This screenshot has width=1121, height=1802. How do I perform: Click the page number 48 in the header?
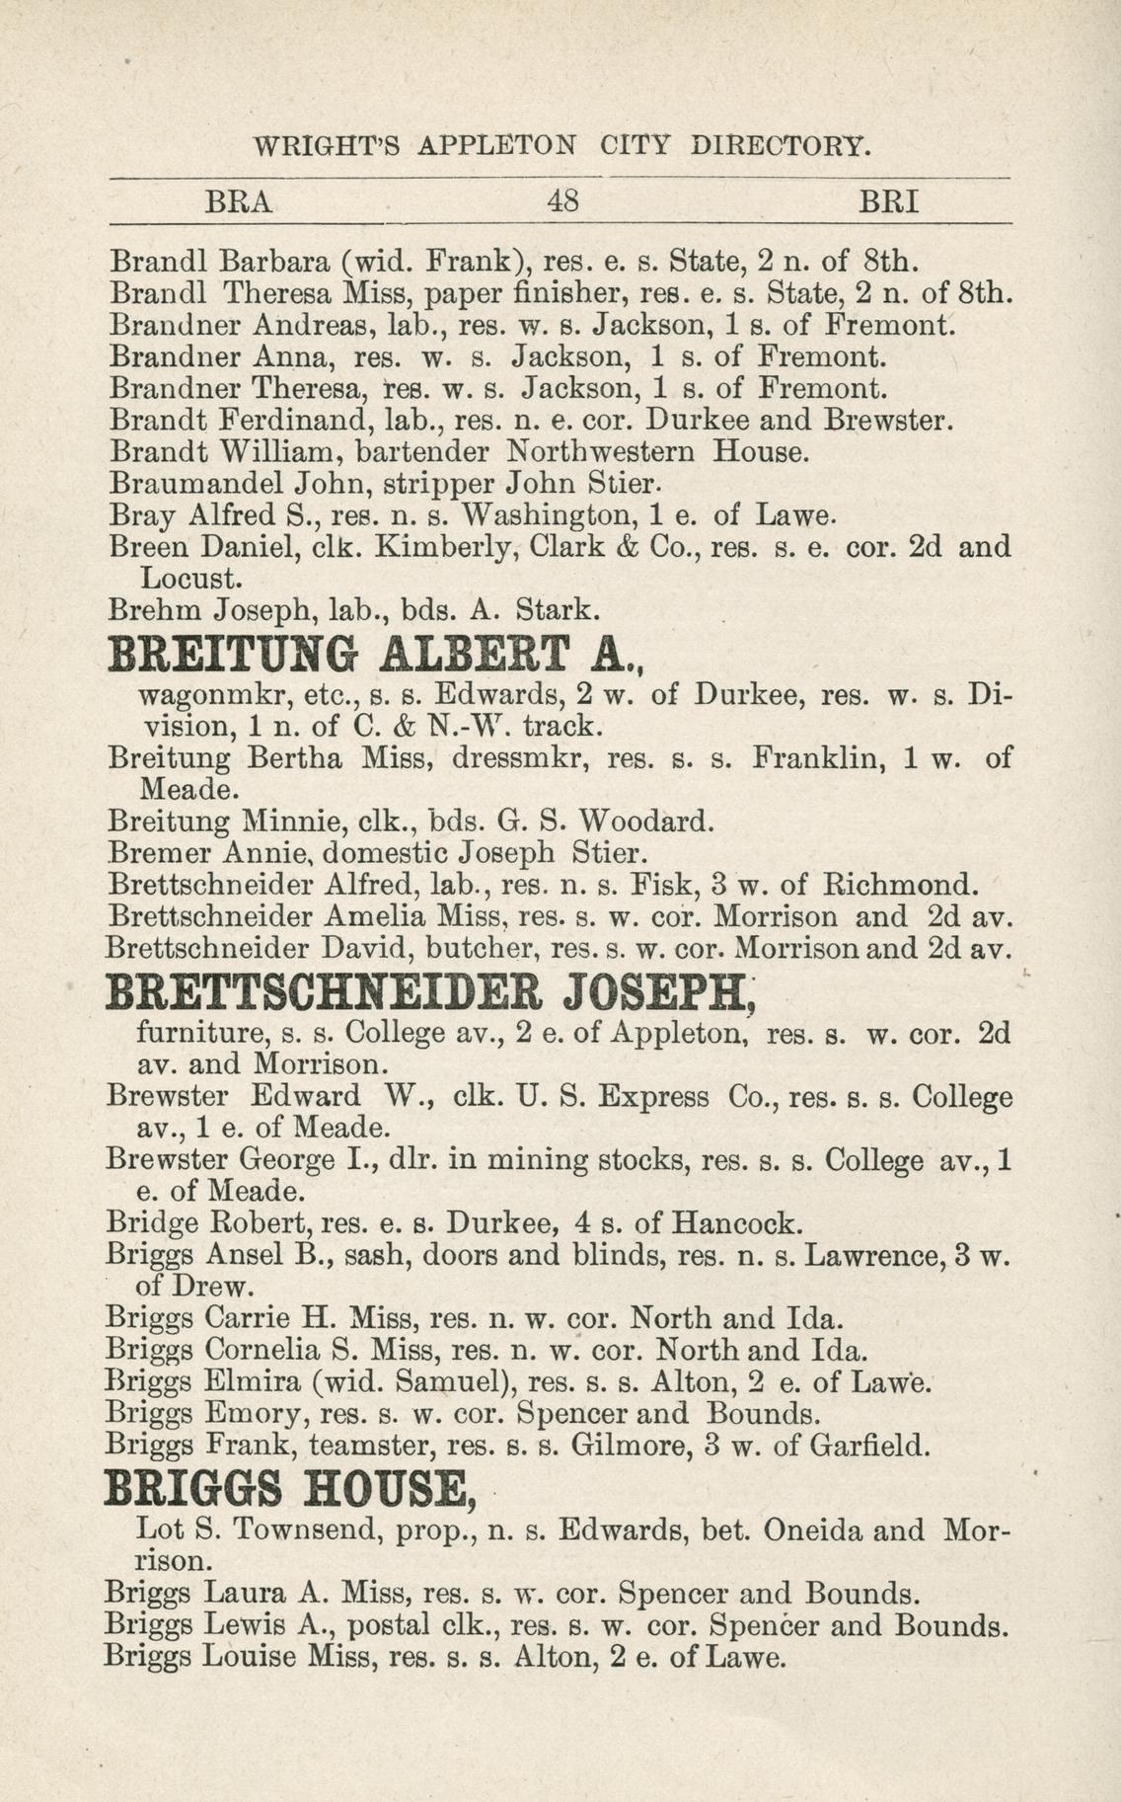point(561,202)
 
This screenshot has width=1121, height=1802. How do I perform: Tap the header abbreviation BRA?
point(238,202)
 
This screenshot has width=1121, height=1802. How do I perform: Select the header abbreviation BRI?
point(889,202)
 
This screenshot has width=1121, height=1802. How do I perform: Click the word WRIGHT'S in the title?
point(328,146)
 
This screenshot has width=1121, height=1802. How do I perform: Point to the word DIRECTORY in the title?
point(781,146)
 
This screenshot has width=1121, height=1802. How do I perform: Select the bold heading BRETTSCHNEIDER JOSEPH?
point(430,993)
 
